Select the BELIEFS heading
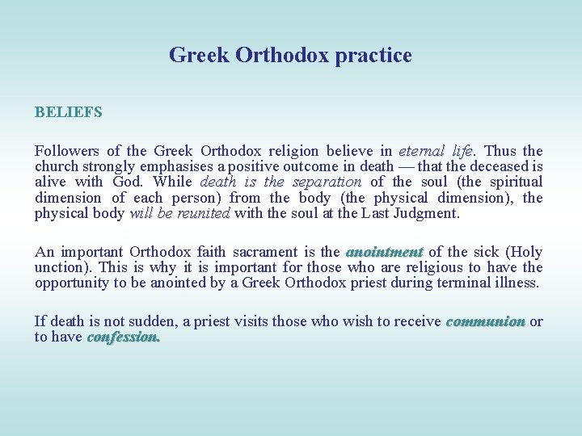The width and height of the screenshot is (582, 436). coord(69,112)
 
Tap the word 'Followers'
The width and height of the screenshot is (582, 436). coord(65,151)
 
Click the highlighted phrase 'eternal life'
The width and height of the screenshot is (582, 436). coord(436,151)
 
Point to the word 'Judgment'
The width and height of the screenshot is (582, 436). coord(426,214)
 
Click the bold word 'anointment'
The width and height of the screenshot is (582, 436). coord(385,252)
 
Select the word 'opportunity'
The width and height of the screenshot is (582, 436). coord(71,283)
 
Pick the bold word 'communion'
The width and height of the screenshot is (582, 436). coord(485,321)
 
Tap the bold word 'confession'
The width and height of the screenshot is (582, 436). coord(124,337)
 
